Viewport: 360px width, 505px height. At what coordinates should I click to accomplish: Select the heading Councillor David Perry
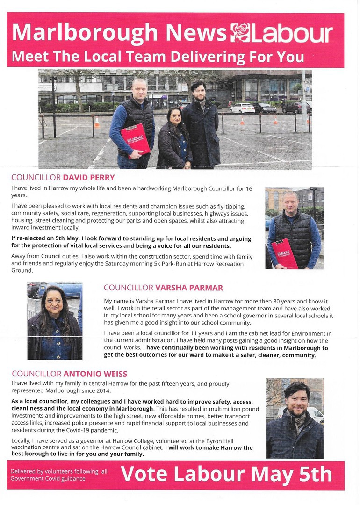point(63,178)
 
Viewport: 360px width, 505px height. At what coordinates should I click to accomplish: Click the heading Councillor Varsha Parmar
point(163,287)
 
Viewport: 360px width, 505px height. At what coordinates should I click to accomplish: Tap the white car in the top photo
point(242,108)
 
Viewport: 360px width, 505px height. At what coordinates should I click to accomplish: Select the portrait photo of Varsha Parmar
point(55,321)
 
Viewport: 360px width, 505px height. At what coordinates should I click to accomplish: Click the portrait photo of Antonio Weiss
point(295,418)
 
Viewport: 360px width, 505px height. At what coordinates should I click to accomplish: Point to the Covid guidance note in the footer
point(59,475)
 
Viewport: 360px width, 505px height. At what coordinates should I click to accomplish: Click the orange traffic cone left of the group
point(97,122)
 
